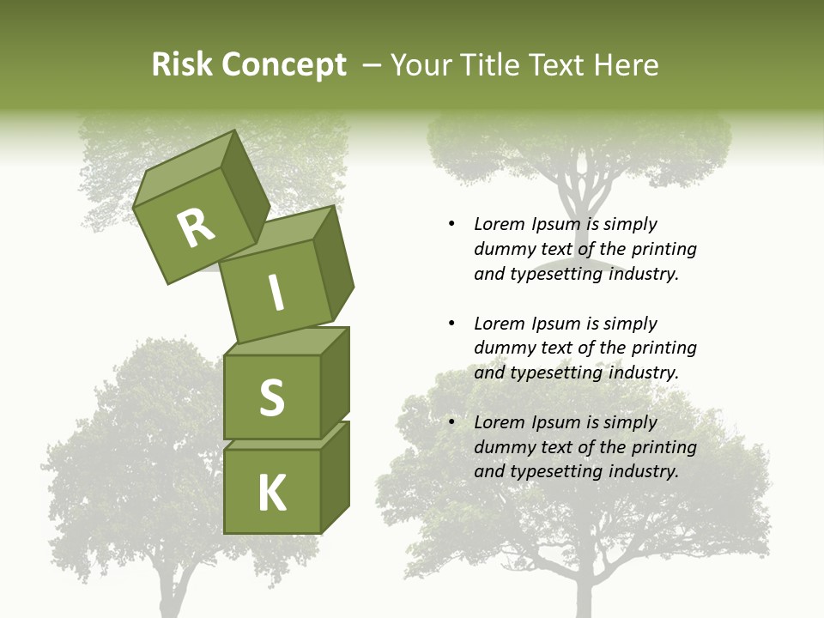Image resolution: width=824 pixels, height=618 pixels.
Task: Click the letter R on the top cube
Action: [x=196, y=228]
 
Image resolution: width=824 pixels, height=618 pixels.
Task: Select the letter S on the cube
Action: [x=271, y=397]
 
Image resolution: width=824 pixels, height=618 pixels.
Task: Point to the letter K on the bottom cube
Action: [x=271, y=494]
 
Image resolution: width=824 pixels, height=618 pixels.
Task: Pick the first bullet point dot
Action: [x=451, y=224]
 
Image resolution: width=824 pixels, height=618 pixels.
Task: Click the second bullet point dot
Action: [x=451, y=324]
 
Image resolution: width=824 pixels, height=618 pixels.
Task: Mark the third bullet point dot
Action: [x=451, y=422]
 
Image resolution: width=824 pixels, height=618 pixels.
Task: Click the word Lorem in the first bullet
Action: [x=499, y=224]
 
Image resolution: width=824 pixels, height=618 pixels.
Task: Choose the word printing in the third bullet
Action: [x=663, y=447]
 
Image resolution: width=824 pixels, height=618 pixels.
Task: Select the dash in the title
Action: [x=373, y=65]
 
